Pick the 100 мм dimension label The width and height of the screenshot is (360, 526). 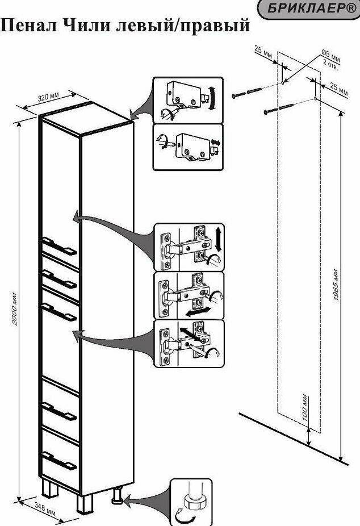(305, 406)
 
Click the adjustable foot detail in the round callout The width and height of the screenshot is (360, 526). (191, 501)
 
